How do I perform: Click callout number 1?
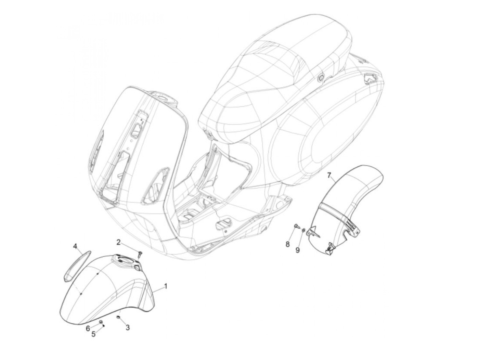point(166,286)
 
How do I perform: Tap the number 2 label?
point(119,242)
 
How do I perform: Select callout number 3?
point(128,328)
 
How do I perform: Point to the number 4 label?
point(75,246)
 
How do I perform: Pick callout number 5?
point(93,334)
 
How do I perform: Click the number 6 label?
point(88,328)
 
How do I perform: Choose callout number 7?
point(329,176)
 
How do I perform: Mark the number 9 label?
point(297,250)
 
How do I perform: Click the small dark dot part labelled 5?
point(104,325)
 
